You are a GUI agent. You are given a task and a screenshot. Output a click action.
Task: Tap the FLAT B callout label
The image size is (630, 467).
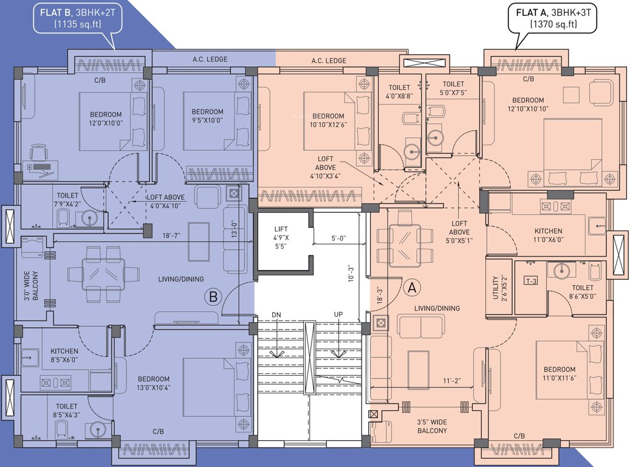point(76,18)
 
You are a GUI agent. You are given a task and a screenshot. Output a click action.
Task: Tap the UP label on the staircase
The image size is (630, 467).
point(338,314)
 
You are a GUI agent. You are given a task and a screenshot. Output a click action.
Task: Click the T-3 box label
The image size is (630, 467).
point(530,280)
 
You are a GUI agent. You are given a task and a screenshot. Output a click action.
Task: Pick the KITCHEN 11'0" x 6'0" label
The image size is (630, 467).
point(548,235)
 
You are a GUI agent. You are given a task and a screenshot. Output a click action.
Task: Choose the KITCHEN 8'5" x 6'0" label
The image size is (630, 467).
point(64,356)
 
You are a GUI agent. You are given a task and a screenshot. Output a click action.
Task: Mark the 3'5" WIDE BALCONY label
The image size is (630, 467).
point(432,425)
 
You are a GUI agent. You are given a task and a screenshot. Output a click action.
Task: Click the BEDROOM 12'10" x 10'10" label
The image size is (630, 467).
point(527,105)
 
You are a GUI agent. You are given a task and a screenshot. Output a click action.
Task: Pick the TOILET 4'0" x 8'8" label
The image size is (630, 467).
point(398,92)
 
